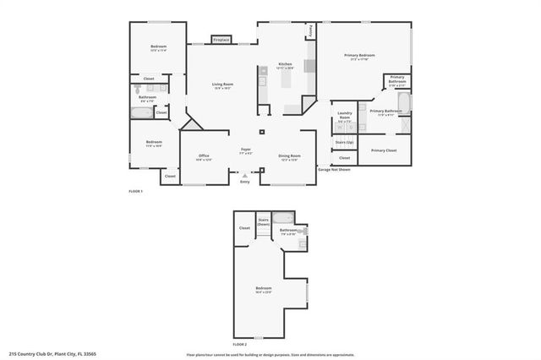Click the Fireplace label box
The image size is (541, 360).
pos(221,40)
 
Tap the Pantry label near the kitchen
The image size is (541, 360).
pos(311,31)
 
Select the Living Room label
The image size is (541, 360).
pos(222,85)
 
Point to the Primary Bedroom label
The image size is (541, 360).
pos(359,57)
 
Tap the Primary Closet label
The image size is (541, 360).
pos(384,150)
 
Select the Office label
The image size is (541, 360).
pos(204,156)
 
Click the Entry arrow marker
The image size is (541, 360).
pos(245,176)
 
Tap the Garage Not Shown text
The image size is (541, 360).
pos(334,170)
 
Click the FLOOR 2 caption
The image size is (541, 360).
pos(240,344)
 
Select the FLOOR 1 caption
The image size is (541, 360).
pos(136,192)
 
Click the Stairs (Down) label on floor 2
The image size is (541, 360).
pos(264,221)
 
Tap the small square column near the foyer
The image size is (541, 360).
pos(261,132)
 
